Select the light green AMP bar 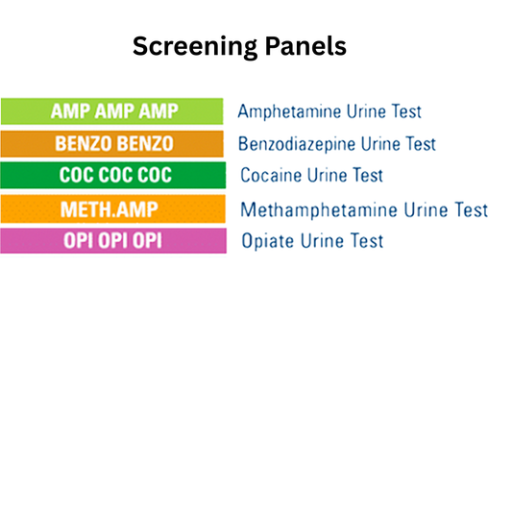click(113, 110)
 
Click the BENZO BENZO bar click(113, 143)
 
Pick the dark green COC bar click(113, 176)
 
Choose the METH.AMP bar click(113, 208)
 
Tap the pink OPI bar click(113, 240)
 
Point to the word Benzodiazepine click(295, 144)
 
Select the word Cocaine click(271, 176)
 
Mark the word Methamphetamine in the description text click(308, 209)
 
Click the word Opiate click(266, 241)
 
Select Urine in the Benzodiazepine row click(377, 144)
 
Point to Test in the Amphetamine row click(403, 111)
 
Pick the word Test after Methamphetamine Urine click(470, 209)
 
